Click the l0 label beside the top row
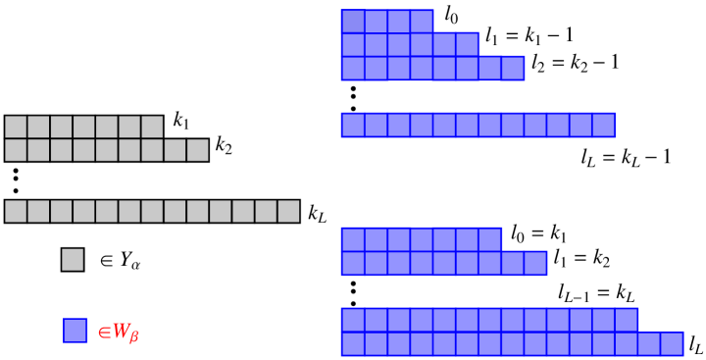451,15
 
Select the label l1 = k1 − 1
529,36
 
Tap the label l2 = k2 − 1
576,62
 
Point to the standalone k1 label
182,120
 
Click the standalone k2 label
225,144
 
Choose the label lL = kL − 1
627,156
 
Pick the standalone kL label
318,212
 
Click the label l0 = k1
538,232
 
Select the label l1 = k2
582,258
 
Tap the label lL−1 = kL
596,291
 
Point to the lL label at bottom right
695,344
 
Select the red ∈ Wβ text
119,332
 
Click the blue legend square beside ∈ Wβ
75,331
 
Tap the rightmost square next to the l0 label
422,22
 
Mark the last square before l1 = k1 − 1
468,45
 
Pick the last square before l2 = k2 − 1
513,69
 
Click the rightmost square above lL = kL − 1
603,125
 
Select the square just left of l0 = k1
490,239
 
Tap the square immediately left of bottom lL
672,343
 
